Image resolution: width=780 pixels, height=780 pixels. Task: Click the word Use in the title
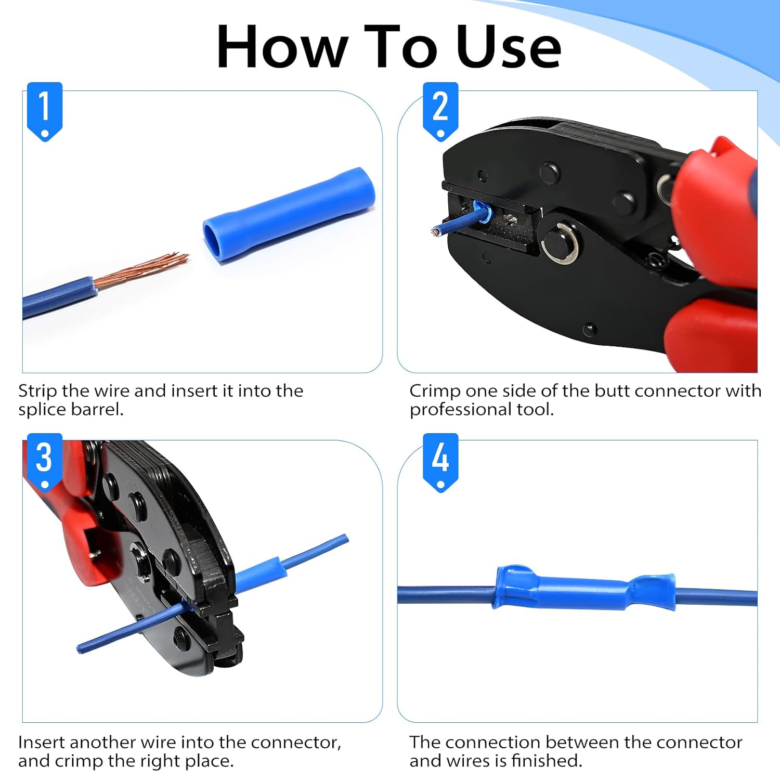point(509,47)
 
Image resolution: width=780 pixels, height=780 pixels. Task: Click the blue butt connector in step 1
point(289,215)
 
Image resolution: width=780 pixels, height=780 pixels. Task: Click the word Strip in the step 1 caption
point(37,392)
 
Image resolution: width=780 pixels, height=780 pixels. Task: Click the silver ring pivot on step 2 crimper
point(560,243)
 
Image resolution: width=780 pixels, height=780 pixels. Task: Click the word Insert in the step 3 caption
point(41,743)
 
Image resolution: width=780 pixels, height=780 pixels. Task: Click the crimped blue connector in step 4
point(584,588)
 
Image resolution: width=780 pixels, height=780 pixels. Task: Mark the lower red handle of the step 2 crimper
point(710,335)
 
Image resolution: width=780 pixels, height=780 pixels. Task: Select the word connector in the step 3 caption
point(299,743)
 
